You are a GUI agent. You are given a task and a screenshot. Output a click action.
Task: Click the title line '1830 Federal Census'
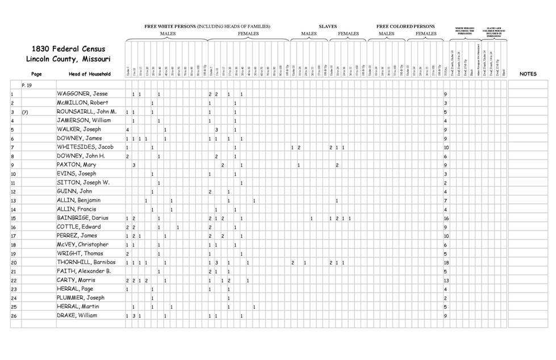[x=68, y=49]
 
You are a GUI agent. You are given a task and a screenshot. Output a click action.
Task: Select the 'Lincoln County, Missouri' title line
[x=68, y=59]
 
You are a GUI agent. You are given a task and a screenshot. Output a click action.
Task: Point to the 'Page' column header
[x=36, y=74]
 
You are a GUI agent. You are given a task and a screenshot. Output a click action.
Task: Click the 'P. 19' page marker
[x=26, y=84]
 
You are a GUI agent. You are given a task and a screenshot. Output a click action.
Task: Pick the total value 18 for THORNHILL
[x=446, y=262]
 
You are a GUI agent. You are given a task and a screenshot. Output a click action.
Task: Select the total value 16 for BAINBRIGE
[x=446, y=218]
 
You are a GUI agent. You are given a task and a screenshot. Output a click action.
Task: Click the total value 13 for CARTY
[x=446, y=280]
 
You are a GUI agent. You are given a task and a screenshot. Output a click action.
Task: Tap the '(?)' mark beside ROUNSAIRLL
[x=24, y=112]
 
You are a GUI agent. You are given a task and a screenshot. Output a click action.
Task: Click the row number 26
[x=13, y=315]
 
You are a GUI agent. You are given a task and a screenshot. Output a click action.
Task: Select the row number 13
[x=13, y=200]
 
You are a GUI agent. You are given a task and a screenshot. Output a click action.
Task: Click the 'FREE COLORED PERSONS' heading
[x=405, y=26]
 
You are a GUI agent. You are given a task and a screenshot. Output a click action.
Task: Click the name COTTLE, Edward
[x=79, y=227]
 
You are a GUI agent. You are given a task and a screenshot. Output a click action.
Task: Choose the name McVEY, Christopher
[x=82, y=245]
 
